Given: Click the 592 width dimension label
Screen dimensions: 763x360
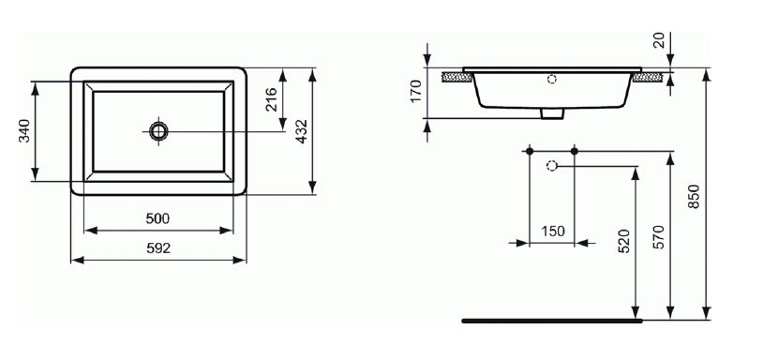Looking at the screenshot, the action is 158,248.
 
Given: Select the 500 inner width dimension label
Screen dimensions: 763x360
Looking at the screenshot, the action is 157,219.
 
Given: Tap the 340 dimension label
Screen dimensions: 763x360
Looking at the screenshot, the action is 24,131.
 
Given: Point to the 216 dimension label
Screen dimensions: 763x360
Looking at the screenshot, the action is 271,99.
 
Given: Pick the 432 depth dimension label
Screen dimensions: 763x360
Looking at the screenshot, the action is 302,131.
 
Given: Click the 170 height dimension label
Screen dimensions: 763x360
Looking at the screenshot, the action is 415,91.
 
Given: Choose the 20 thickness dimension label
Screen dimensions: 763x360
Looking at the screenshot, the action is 659,41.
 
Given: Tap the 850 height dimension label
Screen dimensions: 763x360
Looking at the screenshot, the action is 694,197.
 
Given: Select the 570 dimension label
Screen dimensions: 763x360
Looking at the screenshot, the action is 658,237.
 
